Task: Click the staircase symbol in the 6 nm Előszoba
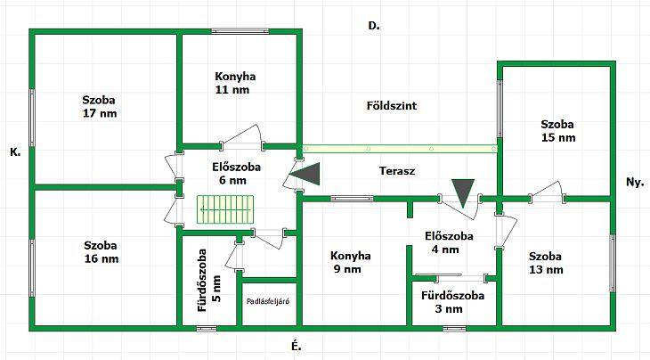225,209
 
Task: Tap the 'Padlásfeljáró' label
268,301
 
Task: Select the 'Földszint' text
392,106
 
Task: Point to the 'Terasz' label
397,171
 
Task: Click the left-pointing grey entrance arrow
305,174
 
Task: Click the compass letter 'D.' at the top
374,26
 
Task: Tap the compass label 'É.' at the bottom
296,347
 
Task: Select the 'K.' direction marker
15,152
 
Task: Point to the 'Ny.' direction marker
635,182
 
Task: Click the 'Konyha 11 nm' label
235,83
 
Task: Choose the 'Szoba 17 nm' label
100,107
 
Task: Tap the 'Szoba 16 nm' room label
102,252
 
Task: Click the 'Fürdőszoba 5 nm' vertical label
208,281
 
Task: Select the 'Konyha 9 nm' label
350,263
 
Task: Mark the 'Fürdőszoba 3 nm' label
452,302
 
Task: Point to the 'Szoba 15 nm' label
558,131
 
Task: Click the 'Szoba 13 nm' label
546,263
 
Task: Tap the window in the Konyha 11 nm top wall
240,31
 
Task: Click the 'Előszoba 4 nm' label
449,242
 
